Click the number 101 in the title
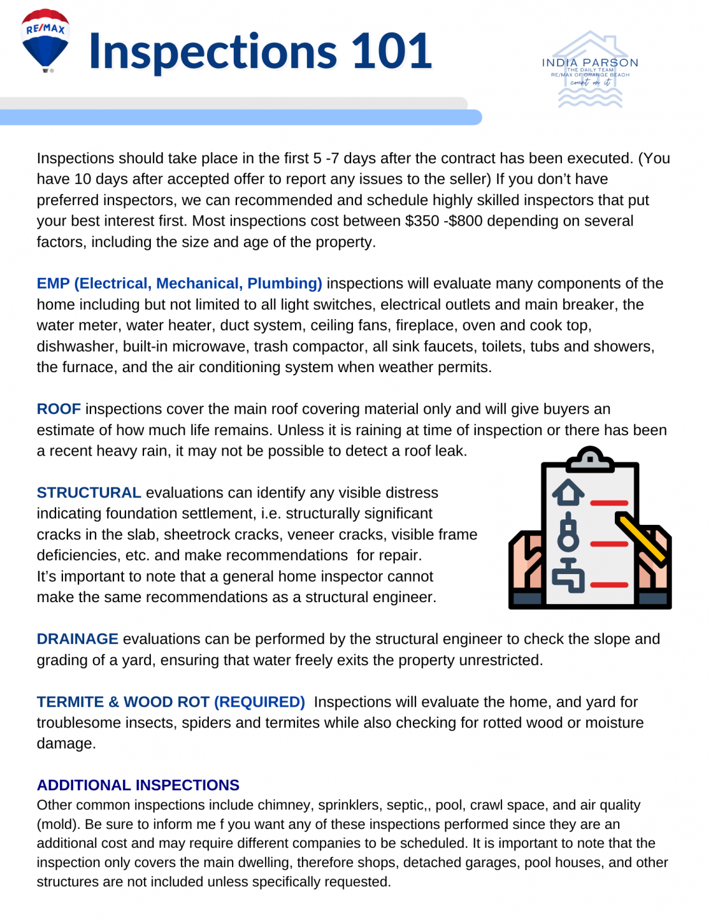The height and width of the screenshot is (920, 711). point(392,51)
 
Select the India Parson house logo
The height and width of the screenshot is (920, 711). point(590,70)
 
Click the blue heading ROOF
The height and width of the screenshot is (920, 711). point(59,409)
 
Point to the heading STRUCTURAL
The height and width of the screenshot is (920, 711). point(89,492)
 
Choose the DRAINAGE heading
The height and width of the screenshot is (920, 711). point(77,639)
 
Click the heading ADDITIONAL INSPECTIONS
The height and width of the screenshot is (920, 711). point(138,785)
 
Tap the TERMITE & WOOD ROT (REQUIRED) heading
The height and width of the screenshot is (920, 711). point(170,702)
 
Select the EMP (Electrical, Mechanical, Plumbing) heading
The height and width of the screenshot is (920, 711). point(179,284)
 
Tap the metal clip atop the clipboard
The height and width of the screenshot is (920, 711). point(590,459)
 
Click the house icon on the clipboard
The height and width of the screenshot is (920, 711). point(568,492)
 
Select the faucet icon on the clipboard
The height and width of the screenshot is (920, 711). point(568,575)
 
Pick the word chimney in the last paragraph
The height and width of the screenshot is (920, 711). point(285,805)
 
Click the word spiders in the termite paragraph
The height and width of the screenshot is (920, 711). point(206,723)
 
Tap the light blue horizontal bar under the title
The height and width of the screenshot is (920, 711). point(240,117)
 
